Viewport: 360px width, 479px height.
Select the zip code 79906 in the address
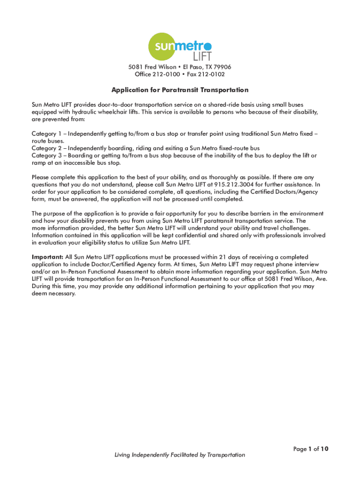click(x=222, y=67)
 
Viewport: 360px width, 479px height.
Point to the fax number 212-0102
click(x=211, y=74)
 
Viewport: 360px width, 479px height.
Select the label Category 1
click(x=46, y=134)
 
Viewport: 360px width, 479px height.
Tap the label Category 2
click(x=46, y=148)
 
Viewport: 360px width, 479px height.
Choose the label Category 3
click(x=46, y=155)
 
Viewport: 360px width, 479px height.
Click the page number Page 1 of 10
click(x=311, y=449)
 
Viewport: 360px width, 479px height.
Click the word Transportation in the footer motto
click(x=226, y=455)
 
